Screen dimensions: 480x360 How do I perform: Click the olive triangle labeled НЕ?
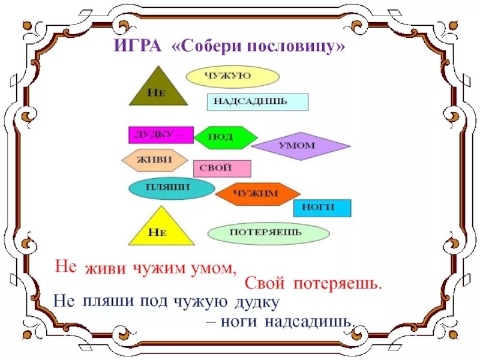pos(157,90)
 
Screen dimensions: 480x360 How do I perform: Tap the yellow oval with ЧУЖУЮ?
pos(232,77)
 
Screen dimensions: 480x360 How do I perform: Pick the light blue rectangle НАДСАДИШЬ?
pos(257,101)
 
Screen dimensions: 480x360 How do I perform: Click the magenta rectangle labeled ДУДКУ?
pos(160,135)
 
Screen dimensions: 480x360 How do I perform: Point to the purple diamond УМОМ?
pos(300,146)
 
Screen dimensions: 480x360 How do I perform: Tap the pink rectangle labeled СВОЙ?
pos(221,169)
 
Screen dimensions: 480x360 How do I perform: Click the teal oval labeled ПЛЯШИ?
pos(172,188)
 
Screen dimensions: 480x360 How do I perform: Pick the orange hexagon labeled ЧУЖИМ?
pos(257,193)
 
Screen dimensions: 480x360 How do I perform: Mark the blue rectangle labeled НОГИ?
pos(322,208)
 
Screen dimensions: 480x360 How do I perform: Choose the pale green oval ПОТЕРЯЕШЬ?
pos(268,233)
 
